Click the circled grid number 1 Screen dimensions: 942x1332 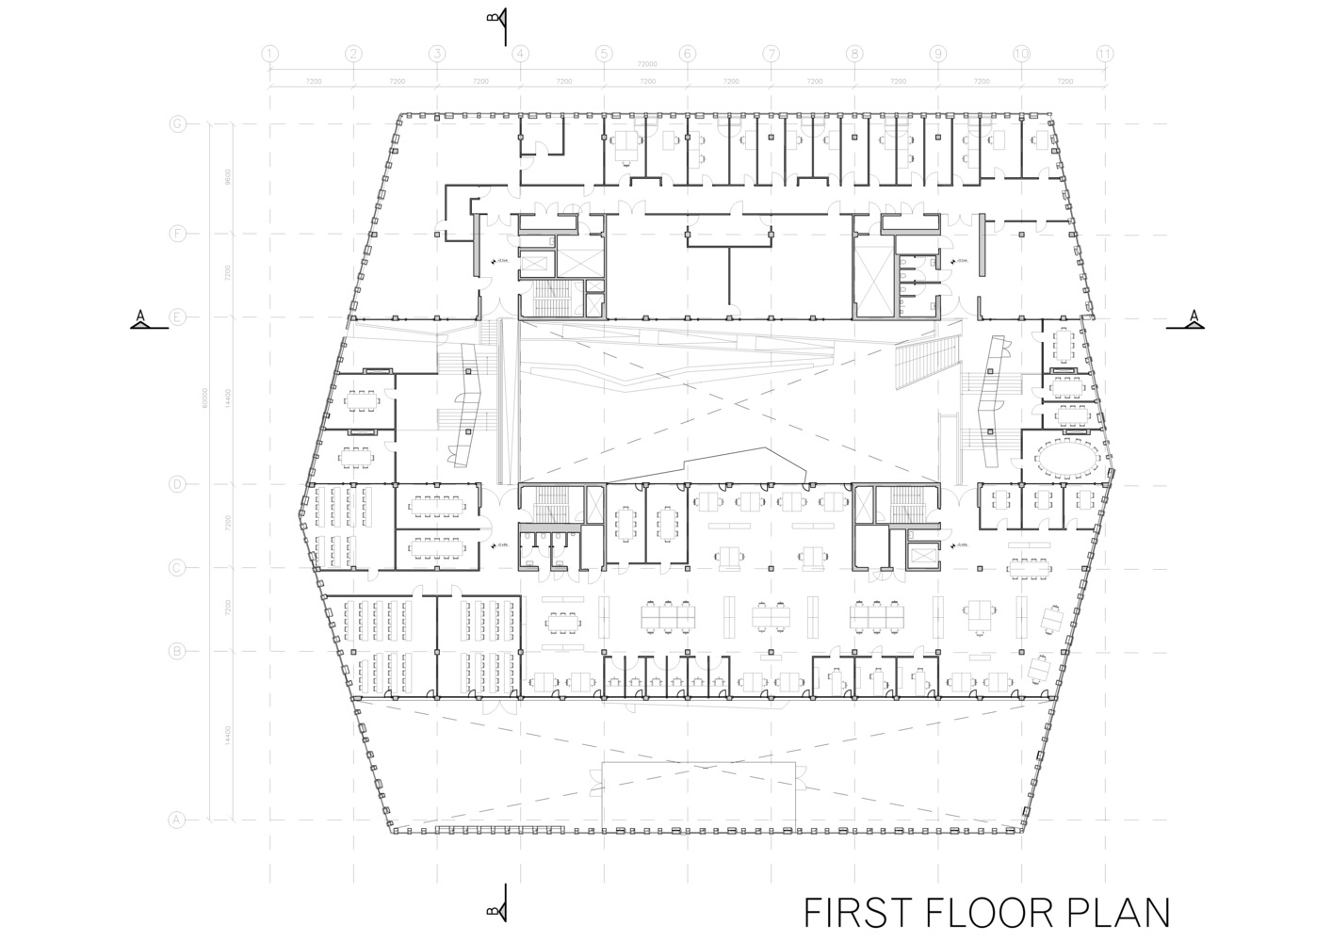270,54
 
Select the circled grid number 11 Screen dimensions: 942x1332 1105,54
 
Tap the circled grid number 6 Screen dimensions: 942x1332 688,54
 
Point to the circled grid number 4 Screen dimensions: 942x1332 521,54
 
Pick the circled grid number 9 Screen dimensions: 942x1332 938,54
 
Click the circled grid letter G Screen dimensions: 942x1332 176,123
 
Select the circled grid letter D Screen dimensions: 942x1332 176,484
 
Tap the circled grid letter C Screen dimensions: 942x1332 176,567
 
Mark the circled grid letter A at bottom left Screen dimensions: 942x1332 176,820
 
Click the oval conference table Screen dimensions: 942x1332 1067,458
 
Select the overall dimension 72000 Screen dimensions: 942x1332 646,64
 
